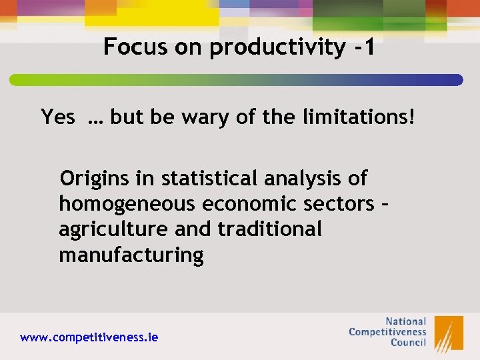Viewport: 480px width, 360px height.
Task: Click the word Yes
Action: [58, 117]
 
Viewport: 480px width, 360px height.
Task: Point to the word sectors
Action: [341, 203]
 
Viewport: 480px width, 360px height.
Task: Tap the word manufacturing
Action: [131, 255]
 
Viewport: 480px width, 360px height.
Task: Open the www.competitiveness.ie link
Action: [89, 337]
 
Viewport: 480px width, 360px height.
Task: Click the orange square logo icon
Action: [449, 333]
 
